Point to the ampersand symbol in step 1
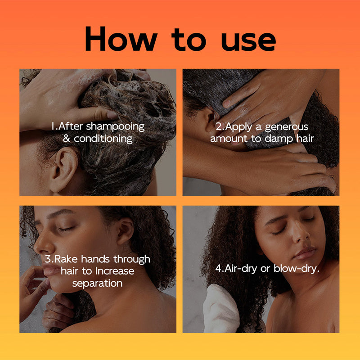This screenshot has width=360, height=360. click(x=66, y=139)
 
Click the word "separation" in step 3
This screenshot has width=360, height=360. click(x=97, y=283)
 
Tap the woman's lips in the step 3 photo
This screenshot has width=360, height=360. click(x=49, y=269)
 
